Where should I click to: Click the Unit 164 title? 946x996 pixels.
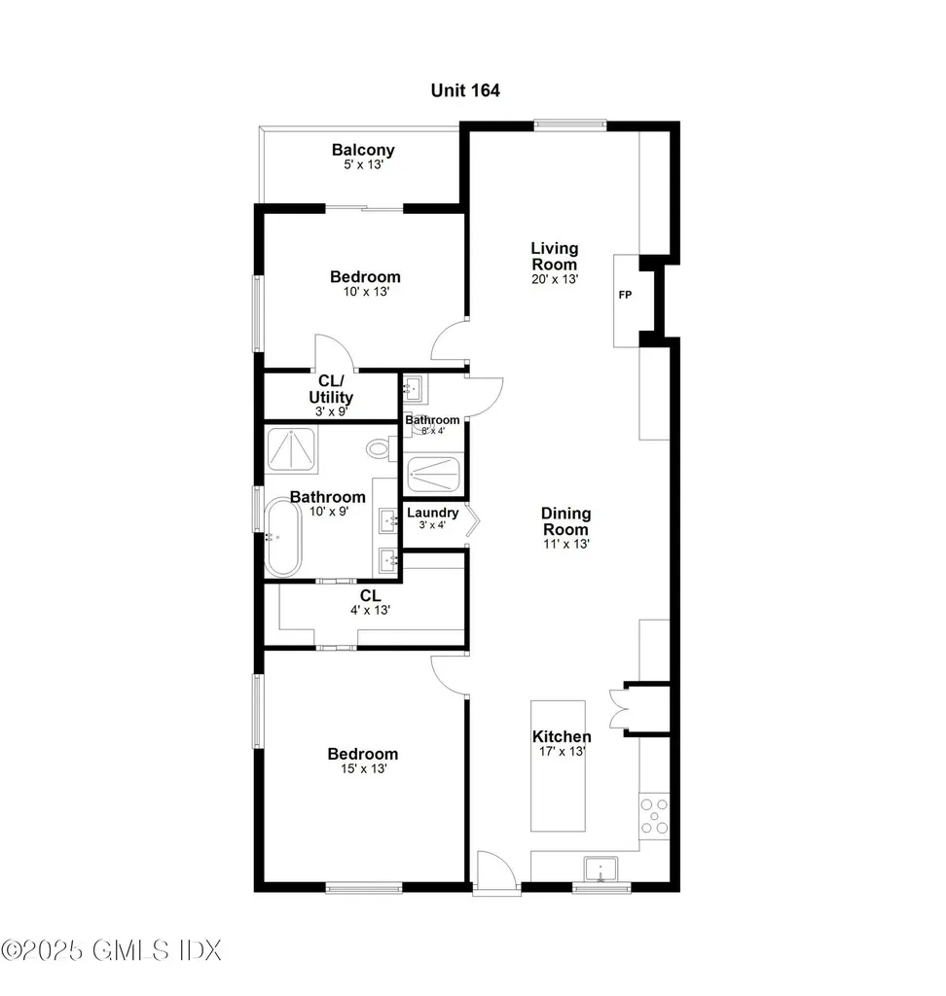tap(465, 90)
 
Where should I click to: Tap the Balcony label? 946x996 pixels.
tap(363, 150)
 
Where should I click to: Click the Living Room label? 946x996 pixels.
tap(554, 256)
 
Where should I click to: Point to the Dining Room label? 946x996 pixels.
tap(565, 521)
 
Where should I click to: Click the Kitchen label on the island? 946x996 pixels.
tap(561, 736)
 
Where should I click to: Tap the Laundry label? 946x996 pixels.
tap(431, 514)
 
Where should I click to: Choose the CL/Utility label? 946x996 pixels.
tap(331, 389)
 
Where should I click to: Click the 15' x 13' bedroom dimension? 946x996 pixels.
tap(362, 769)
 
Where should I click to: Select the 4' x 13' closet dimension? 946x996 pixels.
tap(369, 610)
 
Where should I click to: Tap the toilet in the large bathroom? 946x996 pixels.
tap(379, 449)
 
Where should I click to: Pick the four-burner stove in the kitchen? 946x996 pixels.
tap(653, 816)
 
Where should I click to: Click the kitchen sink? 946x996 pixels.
tap(600, 867)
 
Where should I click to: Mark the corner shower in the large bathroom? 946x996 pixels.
tap(294, 450)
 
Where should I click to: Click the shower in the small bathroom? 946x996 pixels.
tap(434, 475)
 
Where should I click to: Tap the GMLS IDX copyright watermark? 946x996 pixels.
tap(112, 949)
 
